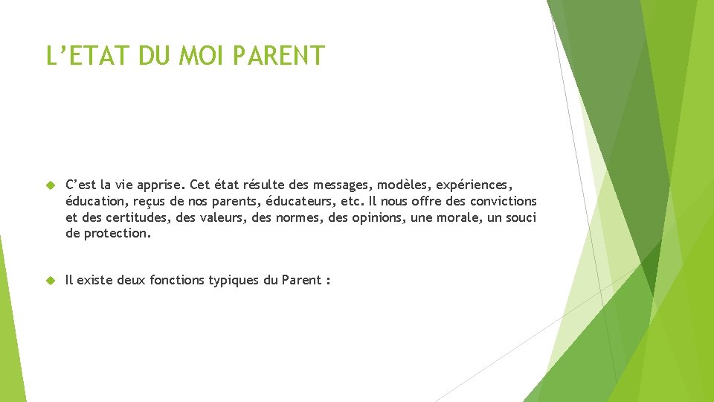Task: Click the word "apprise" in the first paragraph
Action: pos(158,185)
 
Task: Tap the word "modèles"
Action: pos(405,185)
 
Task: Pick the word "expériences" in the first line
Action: pos(474,185)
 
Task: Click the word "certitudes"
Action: pos(137,217)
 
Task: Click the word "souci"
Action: pos(520,217)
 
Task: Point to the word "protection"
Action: pos(117,234)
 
